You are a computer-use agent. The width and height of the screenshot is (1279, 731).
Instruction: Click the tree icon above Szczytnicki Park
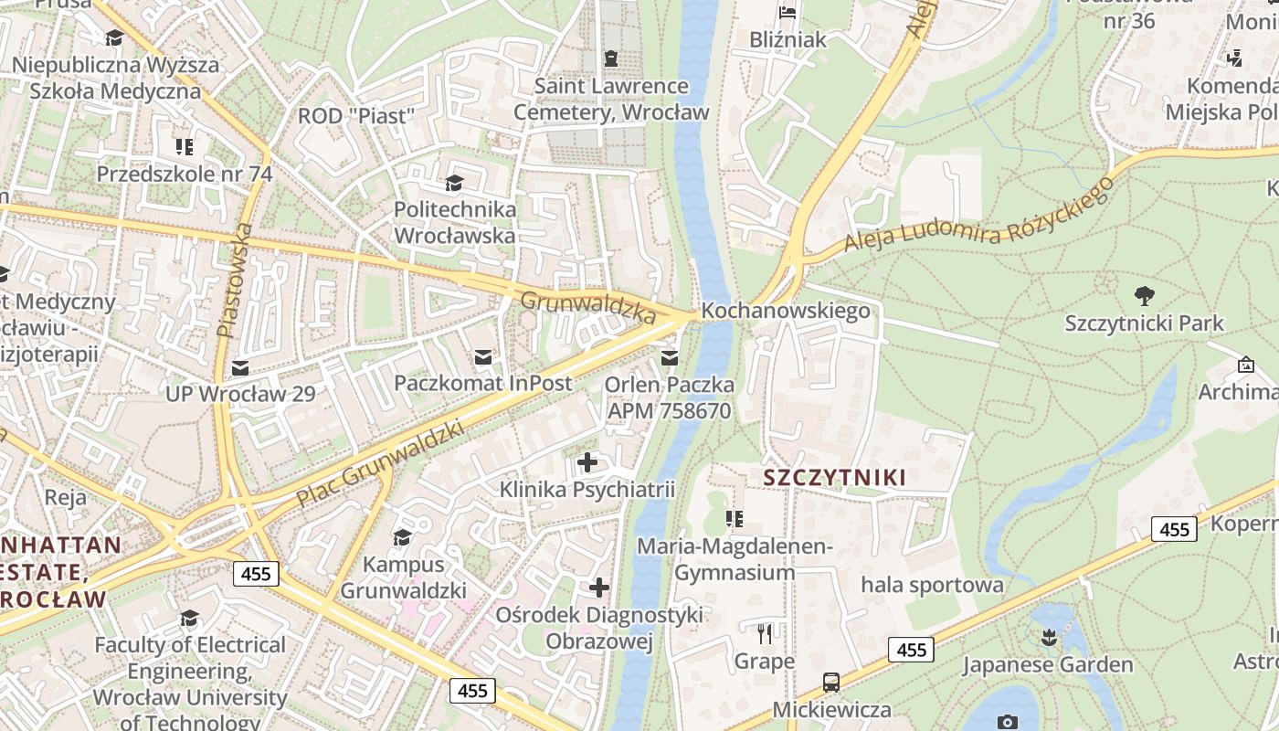1144,296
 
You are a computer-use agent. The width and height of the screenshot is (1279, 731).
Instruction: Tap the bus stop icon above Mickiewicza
831,682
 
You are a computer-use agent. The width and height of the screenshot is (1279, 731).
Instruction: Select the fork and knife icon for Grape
766,633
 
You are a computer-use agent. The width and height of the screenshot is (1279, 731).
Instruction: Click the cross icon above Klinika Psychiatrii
587,462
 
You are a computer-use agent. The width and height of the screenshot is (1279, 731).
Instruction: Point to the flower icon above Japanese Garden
1048,637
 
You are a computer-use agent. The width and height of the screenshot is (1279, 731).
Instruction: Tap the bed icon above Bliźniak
787,12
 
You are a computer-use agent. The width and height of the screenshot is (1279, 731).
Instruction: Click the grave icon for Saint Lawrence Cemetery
611,58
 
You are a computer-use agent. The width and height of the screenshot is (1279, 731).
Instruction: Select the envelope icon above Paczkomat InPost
482,356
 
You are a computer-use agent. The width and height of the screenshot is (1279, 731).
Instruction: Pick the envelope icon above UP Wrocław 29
240,367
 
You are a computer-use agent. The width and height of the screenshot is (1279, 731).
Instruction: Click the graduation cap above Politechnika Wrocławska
454,183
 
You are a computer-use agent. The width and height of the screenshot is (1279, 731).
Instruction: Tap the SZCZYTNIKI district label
834,477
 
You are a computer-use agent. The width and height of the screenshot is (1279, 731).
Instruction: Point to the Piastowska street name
234,280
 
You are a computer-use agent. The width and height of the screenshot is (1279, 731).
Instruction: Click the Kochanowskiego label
786,311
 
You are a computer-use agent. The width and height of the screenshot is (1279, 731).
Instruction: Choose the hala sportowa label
933,585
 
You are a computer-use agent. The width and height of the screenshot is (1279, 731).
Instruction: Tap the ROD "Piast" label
356,116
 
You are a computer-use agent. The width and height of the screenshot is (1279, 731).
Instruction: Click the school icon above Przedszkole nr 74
185,147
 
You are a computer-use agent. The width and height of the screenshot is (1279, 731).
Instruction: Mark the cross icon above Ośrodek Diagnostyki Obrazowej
599,587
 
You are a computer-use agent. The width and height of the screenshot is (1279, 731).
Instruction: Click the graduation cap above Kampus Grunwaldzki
402,536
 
